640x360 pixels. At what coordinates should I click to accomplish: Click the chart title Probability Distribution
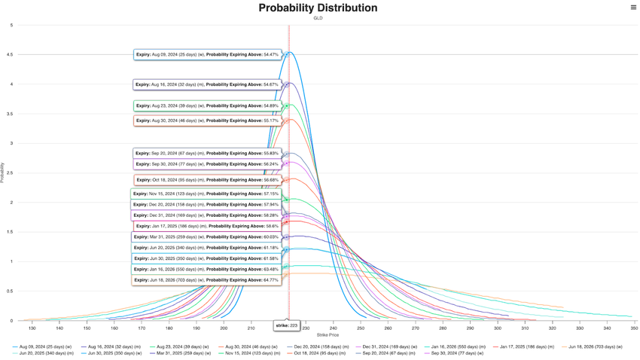pyautogui.click(x=318, y=8)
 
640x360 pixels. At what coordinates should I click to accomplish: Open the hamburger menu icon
pyautogui.click(x=633, y=8)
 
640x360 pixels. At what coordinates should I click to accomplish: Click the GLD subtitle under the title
pyautogui.click(x=318, y=18)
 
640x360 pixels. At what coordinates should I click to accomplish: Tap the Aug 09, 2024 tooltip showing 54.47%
pyautogui.click(x=207, y=55)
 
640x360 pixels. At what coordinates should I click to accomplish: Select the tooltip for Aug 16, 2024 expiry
pyautogui.click(x=207, y=84)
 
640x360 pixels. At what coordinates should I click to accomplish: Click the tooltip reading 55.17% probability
pyautogui.click(x=207, y=121)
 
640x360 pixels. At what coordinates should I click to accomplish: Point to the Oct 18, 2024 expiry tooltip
pyautogui.click(x=207, y=180)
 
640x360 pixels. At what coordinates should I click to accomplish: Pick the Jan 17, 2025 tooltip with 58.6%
pyautogui.click(x=207, y=226)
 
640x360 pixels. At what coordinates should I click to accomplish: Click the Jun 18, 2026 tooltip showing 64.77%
pyautogui.click(x=207, y=280)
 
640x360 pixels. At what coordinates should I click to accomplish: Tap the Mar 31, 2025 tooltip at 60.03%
pyautogui.click(x=206, y=237)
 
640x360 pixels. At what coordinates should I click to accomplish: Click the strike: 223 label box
pyautogui.click(x=287, y=326)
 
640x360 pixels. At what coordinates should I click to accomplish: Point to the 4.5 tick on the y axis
pyautogui.click(x=11, y=55)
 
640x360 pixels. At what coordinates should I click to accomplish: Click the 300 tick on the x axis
pyautogui.click(x=498, y=328)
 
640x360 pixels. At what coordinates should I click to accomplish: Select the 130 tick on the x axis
pyautogui.click(x=32, y=328)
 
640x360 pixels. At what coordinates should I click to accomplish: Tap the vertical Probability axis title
pyautogui.click(x=3, y=173)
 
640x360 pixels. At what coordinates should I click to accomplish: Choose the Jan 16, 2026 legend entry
pyautogui.click(x=458, y=347)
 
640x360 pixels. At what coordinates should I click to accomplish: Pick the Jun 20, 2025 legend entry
pyautogui.click(x=46, y=353)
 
